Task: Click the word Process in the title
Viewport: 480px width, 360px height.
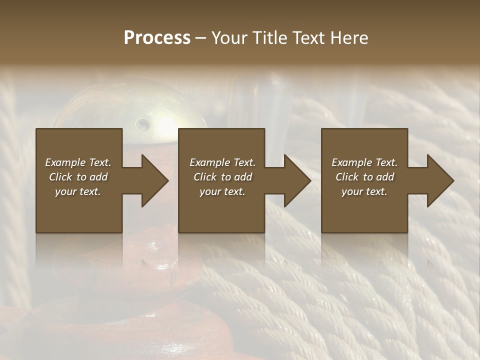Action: [157, 38]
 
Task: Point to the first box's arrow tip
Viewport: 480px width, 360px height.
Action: [167, 180]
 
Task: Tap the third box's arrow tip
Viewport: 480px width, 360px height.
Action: [453, 180]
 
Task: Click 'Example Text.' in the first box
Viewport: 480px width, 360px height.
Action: [78, 162]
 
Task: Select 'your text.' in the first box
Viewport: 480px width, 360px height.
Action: [78, 191]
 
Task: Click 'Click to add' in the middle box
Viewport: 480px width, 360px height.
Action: [222, 177]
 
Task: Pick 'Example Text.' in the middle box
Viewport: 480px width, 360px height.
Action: [222, 162]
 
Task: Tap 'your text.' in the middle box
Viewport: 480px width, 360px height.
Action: [222, 191]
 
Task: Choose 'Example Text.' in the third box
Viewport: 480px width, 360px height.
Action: [364, 162]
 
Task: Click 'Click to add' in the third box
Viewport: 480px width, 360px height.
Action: [364, 177]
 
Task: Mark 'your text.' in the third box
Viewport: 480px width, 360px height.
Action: [364, 191]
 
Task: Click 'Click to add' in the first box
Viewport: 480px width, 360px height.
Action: [78, 177]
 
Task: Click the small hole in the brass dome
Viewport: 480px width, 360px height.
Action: [142, 124]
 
